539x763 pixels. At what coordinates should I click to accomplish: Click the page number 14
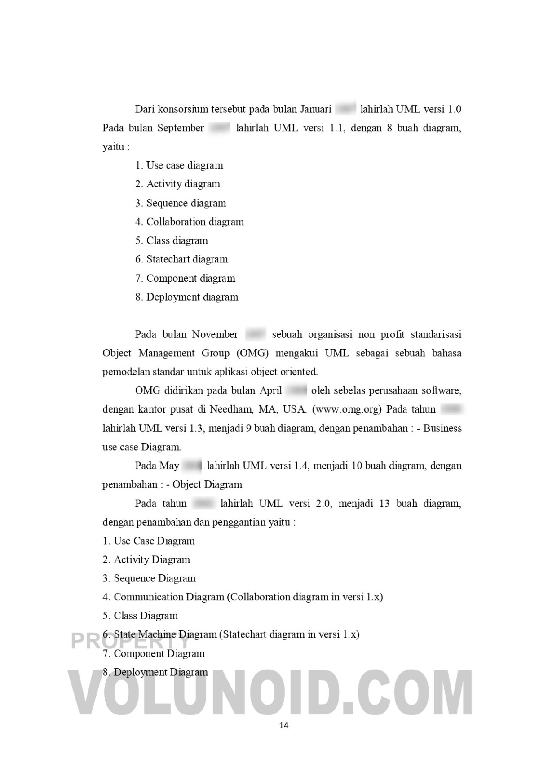tap(284, 725)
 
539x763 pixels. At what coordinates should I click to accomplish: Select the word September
tap(181, 128)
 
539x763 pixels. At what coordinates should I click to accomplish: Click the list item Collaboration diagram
tap(195, 222)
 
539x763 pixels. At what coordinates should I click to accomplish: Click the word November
tap(215, 335)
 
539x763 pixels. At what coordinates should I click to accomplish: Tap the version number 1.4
tap(301, 466)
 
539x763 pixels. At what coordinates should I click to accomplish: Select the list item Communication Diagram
tap(169, 597)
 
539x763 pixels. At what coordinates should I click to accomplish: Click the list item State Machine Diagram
tap(165, 634)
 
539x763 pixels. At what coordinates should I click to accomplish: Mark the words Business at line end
tap(442, 428)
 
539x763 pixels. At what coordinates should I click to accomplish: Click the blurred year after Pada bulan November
tap(256, 335)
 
